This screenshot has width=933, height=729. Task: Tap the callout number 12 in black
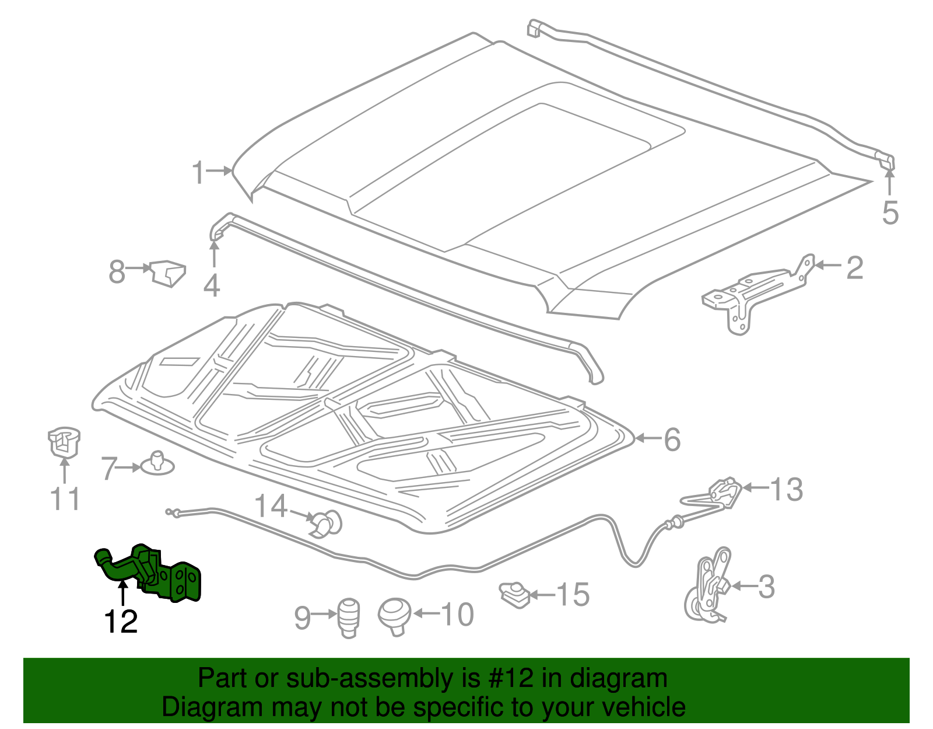[121, 622]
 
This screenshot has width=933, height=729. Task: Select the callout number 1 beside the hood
[199, 173]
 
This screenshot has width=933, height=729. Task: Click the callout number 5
[890, 212]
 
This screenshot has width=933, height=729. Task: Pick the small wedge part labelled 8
[168, 273]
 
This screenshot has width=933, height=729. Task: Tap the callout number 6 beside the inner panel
[672, 440]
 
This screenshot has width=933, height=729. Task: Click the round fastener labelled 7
[156, 463]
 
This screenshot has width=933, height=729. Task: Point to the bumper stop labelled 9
[349, 618]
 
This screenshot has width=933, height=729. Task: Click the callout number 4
[212, 286]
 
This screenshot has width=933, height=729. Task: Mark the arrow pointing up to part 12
[122, 594]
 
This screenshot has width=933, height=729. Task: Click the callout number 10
[457, 615]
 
